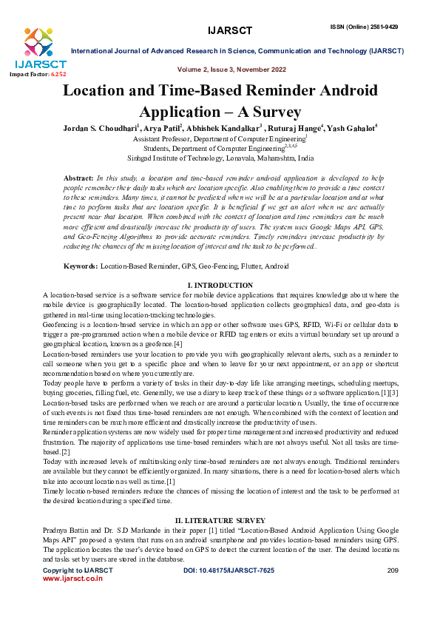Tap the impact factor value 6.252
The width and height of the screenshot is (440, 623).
(57, 75)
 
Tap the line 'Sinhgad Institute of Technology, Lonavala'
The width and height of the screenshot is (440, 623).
(220, 158)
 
